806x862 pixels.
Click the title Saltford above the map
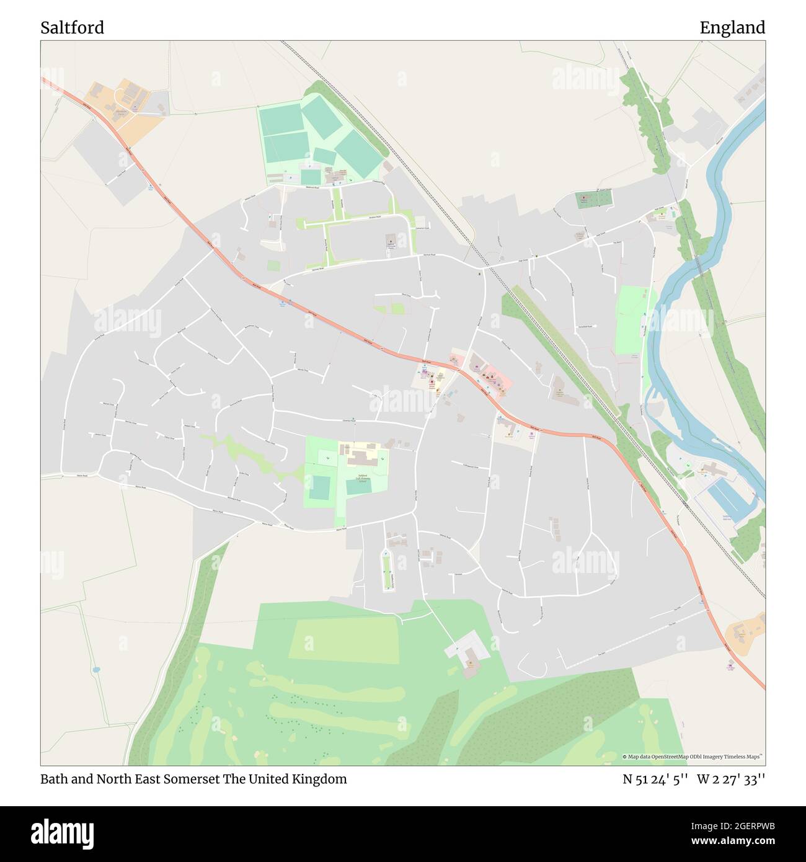click(x=72, y=28)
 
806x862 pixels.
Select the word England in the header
click(x=732, y=28)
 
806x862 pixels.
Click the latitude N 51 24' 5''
click(x=655, y=779)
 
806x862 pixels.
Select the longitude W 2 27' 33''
click(x=731, y=779)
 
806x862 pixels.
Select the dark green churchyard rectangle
click(x=593, y=199)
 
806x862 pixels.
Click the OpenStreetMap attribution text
click(x=693, y=757)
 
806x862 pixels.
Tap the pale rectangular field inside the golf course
click(x=343, y=639)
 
